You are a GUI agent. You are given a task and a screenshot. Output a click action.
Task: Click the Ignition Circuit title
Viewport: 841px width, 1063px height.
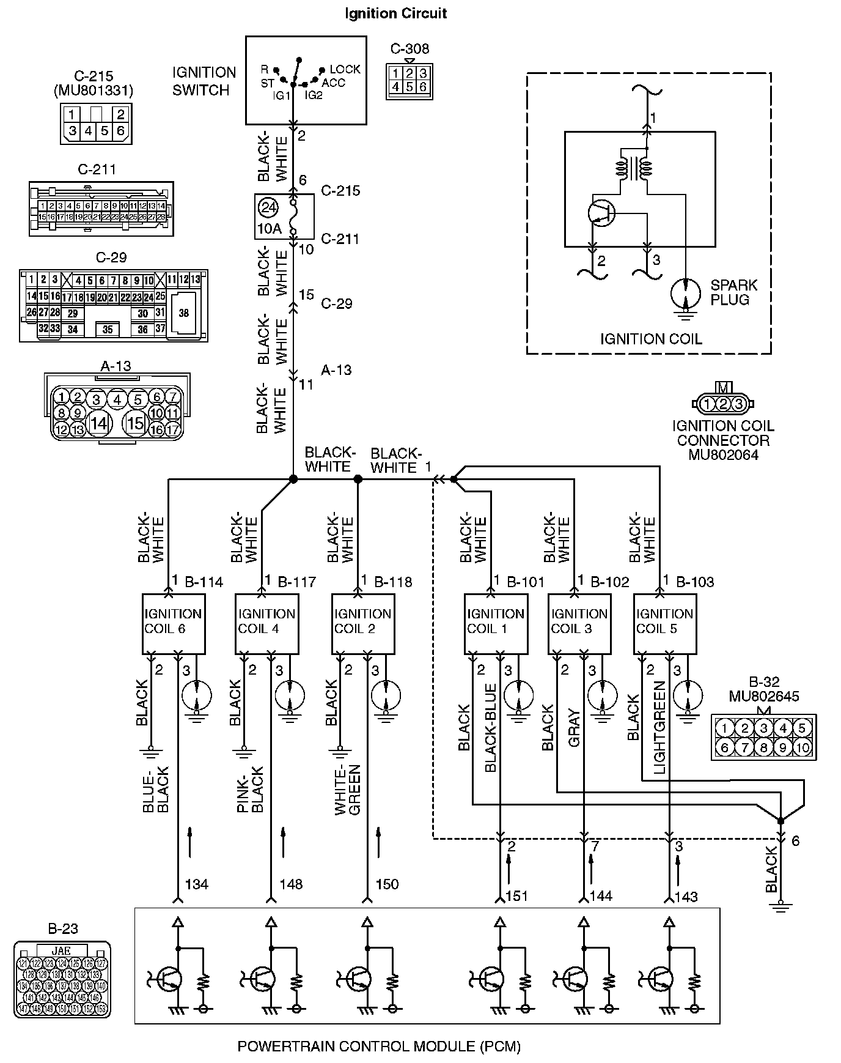395,13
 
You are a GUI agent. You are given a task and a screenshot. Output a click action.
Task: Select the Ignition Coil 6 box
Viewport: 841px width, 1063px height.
173,623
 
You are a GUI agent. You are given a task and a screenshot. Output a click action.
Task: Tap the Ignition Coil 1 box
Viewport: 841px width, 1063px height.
495,623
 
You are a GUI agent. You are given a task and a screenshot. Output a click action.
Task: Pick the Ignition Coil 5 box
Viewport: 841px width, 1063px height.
664,623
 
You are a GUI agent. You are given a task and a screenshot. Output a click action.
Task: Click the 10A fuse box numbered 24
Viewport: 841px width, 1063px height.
284,217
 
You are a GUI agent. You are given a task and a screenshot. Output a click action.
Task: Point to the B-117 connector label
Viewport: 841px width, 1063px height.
296,582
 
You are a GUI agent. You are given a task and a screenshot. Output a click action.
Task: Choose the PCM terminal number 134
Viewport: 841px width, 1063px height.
197,884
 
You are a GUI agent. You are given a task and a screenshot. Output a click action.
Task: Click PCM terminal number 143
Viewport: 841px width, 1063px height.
686,897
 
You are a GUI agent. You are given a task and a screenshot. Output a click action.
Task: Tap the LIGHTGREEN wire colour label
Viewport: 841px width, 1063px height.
659,728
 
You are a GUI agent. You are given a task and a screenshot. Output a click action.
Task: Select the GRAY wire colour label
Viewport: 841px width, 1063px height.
574,728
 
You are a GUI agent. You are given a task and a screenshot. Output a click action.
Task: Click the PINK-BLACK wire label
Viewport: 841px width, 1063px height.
250,790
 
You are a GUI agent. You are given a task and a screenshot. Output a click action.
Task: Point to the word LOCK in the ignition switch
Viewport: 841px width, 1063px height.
345,69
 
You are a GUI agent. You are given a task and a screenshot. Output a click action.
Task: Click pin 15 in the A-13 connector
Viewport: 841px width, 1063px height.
135,423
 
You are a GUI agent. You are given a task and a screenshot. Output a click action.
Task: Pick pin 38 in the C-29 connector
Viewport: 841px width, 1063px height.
184,313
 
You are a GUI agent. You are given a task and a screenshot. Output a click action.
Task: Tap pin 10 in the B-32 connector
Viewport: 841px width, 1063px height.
802,747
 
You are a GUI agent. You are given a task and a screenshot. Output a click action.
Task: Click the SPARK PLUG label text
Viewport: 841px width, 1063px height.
733,292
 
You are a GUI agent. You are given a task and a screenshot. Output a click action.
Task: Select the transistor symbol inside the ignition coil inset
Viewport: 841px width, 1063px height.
601,212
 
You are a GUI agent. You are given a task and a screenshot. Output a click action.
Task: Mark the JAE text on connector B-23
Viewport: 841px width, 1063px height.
61,950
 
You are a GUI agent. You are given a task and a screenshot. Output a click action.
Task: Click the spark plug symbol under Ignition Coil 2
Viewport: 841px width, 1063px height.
386,695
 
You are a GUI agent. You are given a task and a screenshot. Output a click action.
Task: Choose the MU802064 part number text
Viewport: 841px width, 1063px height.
723,454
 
